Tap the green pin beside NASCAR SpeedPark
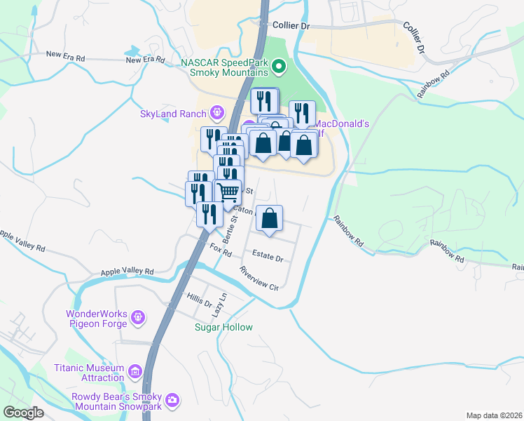(x=279, y=67)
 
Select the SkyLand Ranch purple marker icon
(x=217, y=112)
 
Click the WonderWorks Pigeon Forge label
(x=97, y=319)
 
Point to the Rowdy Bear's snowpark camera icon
(x=172, y=401)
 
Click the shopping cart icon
(x=228, y=192)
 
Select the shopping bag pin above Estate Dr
(x=270, y=219)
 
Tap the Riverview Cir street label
(x=258, y=278)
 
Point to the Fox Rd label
(x=221, y=248)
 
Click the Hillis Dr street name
(x=198, y=300)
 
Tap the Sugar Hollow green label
(x=223, y=327)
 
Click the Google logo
(x=23, y=413)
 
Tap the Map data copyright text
(x=493, y=415)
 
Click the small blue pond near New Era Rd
(x=132, y=52)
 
